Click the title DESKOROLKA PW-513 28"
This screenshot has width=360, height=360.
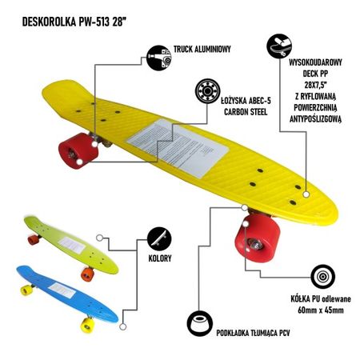click(x=74, y=22)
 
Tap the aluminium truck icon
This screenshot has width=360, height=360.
click(x=159, y=58)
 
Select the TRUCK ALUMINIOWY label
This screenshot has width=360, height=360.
click(x=202, y=49)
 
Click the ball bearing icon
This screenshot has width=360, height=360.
click(x=207, y=91)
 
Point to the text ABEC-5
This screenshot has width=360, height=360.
click(x=260, y=101)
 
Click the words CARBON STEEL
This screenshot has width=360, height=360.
click(x=246, y=112)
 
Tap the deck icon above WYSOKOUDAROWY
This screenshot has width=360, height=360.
click(x=279, y=46)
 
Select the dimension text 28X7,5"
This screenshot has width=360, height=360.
click(x=316, y=85)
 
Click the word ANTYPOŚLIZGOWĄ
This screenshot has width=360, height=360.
click(x=315, y=119)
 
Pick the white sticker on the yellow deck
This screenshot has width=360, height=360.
click(x=178, y=148)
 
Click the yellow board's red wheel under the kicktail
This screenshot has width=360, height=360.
click(x=78, y=151)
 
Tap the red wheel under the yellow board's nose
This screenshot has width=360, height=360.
click(x=258, y=238)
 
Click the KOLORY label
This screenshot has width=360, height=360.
click(x=160, y=258)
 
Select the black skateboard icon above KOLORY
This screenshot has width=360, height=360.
click(x=159, y=239)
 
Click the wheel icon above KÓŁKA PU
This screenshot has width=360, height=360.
click(x=322, y=277)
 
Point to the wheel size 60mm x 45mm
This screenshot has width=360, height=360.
click(x=321, y=310)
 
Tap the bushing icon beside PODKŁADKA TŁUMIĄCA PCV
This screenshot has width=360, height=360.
click(x=200, y=323)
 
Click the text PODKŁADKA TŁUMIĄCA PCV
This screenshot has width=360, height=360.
click(x=253, y=333)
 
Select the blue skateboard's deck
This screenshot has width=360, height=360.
click(x=66, y=293)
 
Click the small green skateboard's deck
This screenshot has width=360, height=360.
click(x=71, y=245)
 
